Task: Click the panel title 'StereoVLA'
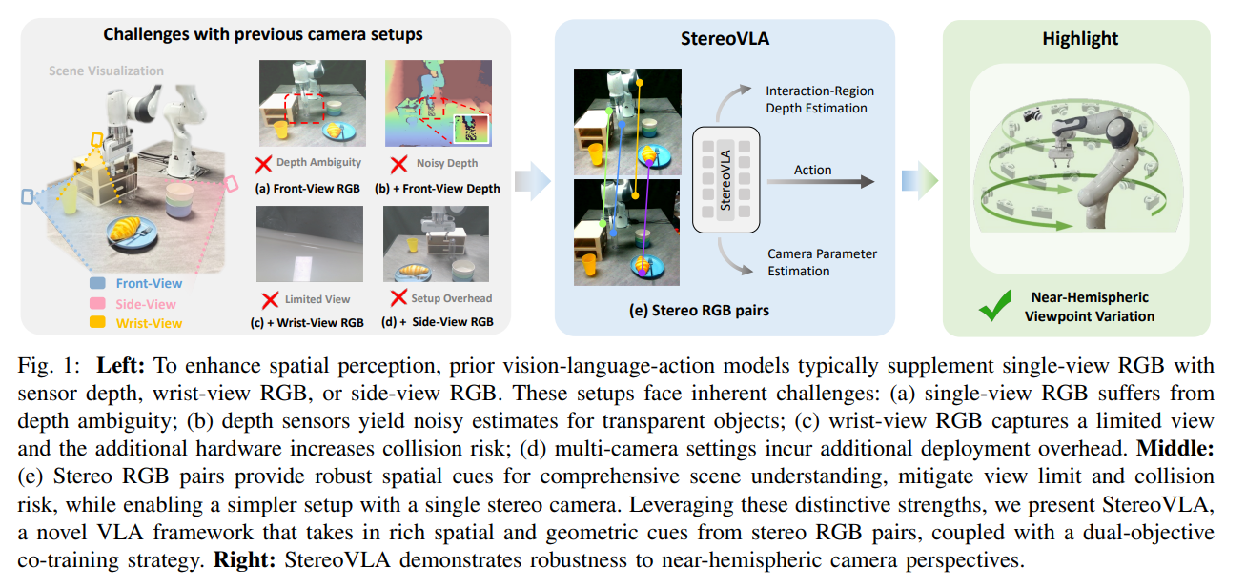point(725,38)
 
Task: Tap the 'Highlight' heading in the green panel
point(1080,38)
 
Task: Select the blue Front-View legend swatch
point(97,283)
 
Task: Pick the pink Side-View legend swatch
point(97,303)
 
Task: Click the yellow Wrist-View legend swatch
point(97,322)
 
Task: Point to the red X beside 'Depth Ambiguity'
point(263,164)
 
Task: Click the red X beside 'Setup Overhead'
point(398,298)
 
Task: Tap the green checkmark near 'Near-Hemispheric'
point(995,305)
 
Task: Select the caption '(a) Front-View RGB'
point(308,189)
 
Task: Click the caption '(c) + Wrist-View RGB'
point(307,323)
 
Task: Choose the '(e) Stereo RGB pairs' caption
point(699,311)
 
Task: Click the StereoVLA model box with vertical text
point(725,180)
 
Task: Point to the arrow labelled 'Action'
point(821,181)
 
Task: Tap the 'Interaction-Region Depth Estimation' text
point(819,99)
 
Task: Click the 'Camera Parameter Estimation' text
point(822,262)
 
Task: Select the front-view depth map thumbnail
point(439,103)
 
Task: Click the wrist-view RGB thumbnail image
point(310,244)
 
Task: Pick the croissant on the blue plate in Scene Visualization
point(125,228)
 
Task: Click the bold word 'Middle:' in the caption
point(1175,448)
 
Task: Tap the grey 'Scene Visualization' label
point(106,71)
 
